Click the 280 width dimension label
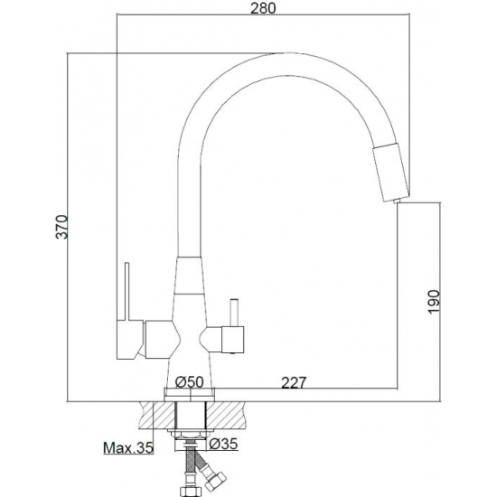(263, 8)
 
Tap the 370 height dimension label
(61, 227)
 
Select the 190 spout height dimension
(434, 302)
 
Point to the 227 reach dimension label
(295, 382)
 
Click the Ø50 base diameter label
(189, 382)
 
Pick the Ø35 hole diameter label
(223, 444)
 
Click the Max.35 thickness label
(128, 447)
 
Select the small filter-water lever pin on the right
(235, 313)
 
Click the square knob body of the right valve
(233, 340)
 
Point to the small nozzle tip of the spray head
(396, 202)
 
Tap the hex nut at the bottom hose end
(190, 490)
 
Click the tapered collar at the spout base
(189, 276)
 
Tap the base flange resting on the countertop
(190, 395)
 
